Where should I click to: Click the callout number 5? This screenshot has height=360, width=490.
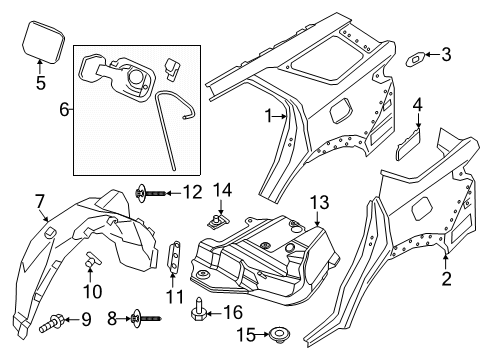coord(40,84)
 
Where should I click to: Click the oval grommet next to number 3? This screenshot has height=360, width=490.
coord(413,60)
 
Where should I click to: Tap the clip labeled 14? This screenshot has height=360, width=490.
coord(216,239)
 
